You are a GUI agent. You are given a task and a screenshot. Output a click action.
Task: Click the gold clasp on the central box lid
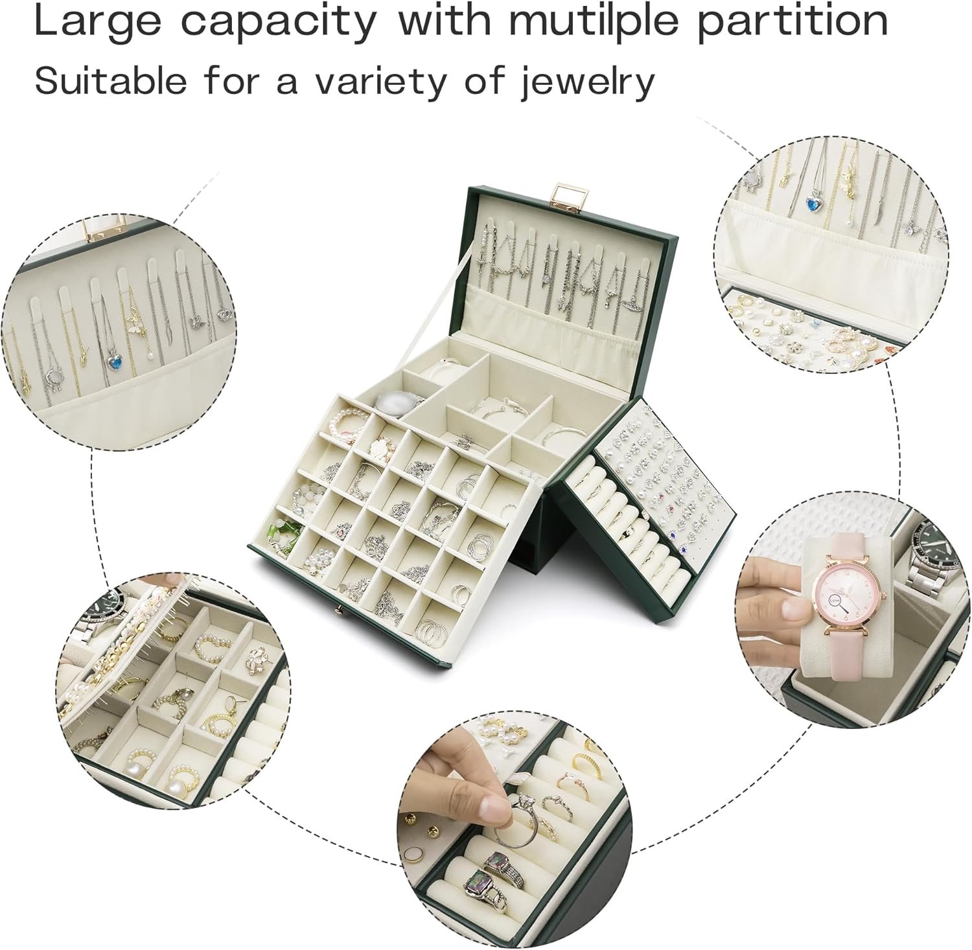[x=561, y=194]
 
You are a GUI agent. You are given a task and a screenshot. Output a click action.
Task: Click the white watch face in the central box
[x=396, y=402]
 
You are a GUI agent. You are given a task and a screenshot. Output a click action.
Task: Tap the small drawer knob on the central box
[x=338, y=610]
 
